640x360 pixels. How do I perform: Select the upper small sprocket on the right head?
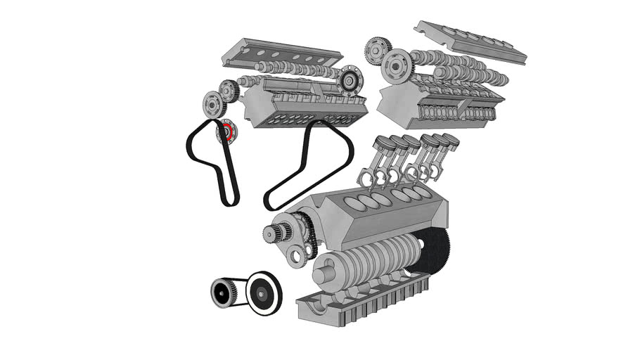click(x=377, y=49)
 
